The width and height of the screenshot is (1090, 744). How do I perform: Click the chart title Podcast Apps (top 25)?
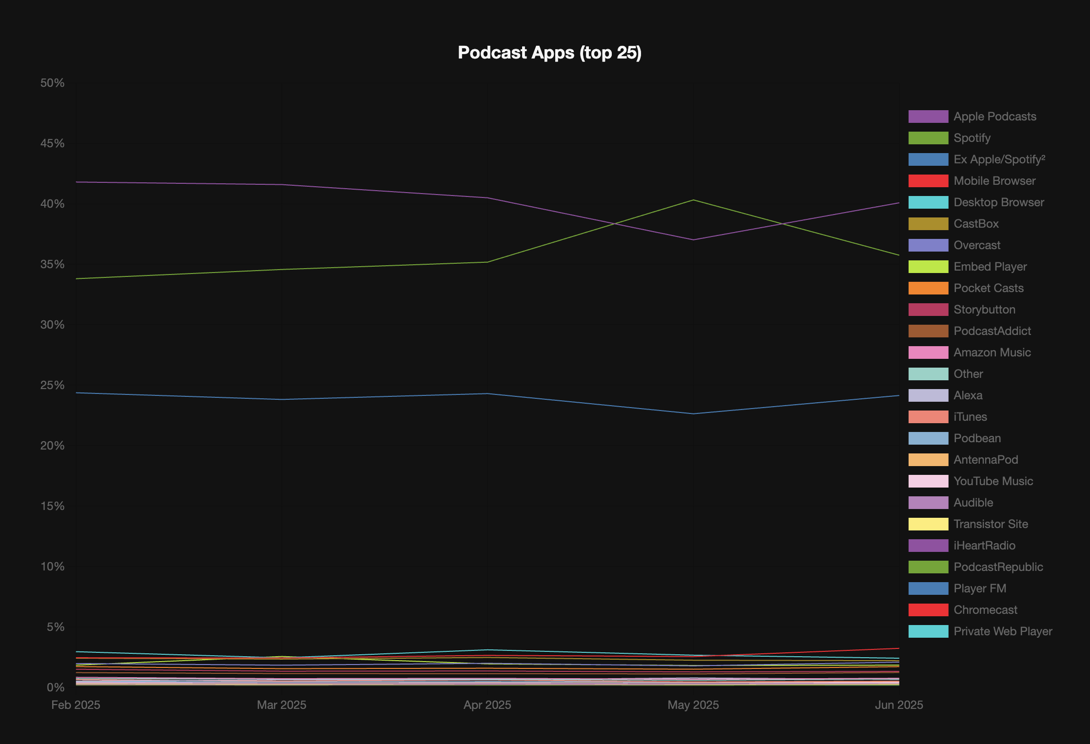(x=549, y=53)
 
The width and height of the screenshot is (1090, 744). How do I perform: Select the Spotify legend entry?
(x=972, y=138)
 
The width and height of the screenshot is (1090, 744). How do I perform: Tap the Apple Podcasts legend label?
(x=994, y=117)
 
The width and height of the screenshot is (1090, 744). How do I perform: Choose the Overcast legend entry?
(x=976, y=245)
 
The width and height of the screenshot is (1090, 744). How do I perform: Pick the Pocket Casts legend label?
(x=988, y=288)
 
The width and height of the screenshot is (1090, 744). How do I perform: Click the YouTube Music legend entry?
(x=993, y=481)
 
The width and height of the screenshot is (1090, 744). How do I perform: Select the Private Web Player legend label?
(x=1003, y=631)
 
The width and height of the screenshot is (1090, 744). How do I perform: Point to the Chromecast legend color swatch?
(x=928, y=610)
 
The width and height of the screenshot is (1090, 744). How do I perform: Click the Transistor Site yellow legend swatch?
(x=928, y=524)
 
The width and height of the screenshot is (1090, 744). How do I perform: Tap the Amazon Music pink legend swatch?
(x=928, y=352)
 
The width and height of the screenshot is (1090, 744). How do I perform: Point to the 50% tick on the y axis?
(x=53, y=83)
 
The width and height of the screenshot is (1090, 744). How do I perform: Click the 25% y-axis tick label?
(x=53, y=385)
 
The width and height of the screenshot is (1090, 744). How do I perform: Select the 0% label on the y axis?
(x=56, y=687)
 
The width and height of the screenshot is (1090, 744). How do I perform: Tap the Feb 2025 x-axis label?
(x=76, y=705)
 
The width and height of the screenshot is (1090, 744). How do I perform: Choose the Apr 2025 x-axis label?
(x=487, y=705)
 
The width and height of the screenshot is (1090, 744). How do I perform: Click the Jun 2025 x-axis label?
(x=899, y=705)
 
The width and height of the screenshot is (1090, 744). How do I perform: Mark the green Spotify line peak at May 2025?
(x=693, y=200)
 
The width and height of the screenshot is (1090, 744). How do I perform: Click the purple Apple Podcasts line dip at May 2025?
(x=693, y=239)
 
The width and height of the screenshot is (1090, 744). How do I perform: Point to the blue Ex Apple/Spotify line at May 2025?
(x=693, y=414)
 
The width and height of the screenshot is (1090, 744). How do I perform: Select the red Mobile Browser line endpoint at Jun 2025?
(x=898, y=648)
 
